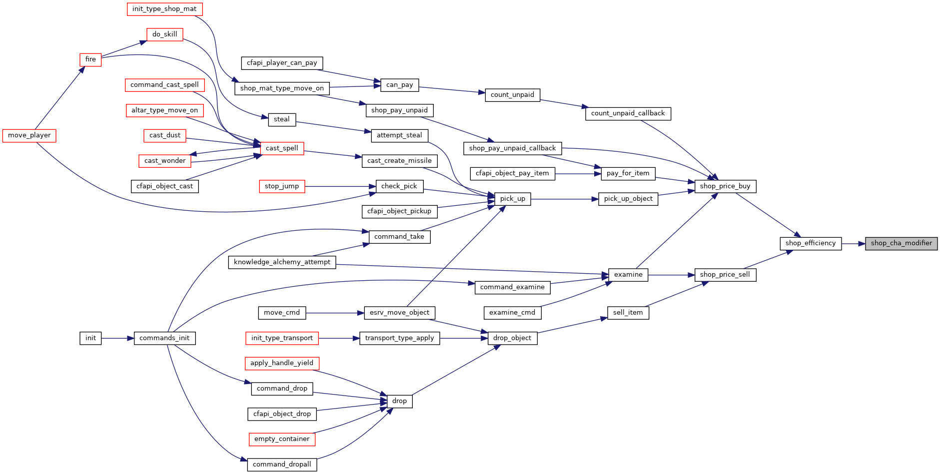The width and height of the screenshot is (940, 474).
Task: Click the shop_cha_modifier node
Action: coord(901,243)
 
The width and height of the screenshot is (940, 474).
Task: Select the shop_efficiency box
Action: coord(810,243)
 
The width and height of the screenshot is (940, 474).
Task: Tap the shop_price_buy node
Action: coord(725,186)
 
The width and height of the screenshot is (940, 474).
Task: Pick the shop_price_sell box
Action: coord(725,275)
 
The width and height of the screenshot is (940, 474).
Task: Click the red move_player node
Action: coord(29,135)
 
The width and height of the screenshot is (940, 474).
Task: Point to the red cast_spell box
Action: coord(282,148)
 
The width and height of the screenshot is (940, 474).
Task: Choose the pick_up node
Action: coord(512,199)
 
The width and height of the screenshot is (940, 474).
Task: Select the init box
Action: coord(90,338)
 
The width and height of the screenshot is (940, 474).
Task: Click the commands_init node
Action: coord(164,338)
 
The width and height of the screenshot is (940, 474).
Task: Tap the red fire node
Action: coord(90,59)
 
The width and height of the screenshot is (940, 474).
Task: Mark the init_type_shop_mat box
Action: coord(164,9)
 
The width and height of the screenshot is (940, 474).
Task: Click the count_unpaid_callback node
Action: coord(628,113)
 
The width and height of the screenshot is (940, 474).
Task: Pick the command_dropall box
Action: coord(282,465)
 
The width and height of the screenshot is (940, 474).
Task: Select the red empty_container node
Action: coord(282,439)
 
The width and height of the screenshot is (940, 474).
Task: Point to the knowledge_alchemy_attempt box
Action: coord(282,262)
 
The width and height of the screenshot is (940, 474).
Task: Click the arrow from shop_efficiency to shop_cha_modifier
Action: coord(853,244)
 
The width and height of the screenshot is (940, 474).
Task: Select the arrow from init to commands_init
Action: coord(117,338)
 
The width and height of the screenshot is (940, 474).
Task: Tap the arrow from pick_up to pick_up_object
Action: coord(564,199)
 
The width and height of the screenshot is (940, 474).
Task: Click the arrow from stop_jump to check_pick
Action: coord(340,187)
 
